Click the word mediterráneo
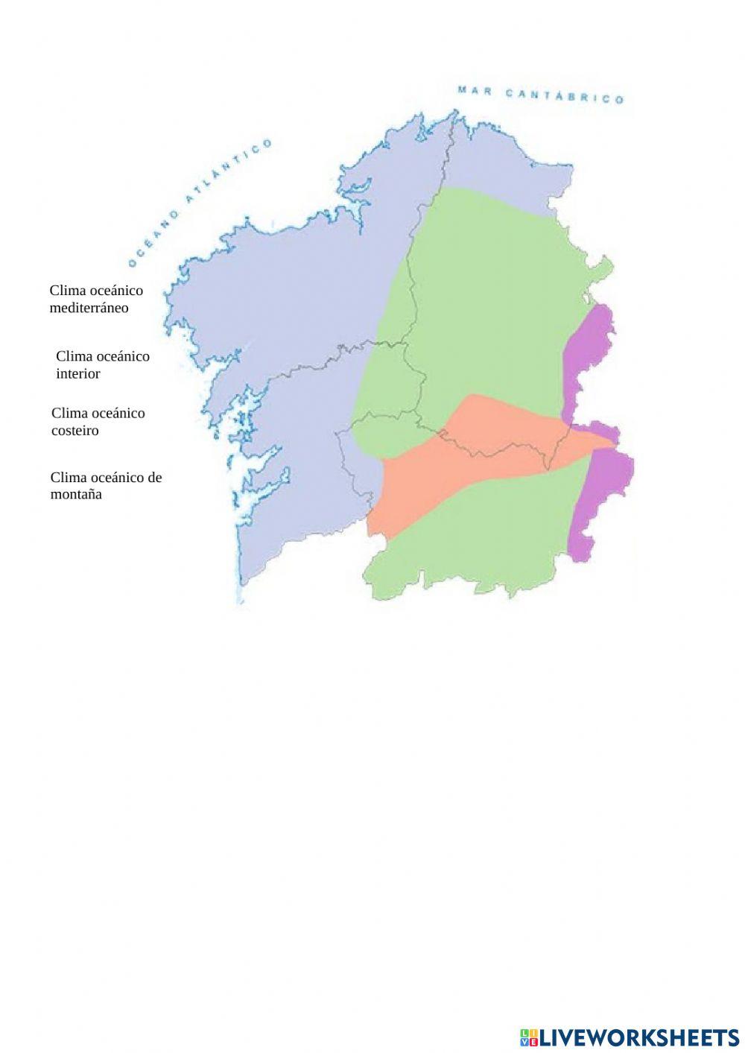tap(89, 308)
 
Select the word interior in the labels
tap(77, 373)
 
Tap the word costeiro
tap(74, 430)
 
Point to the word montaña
tap(76, 494)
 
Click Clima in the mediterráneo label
tap(66, 290)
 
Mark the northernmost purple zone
tap(589, 350)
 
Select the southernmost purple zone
tap(603, 499)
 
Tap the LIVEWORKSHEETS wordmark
tap(639, 1037)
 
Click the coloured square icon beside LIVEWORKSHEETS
tap(529, 1037)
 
